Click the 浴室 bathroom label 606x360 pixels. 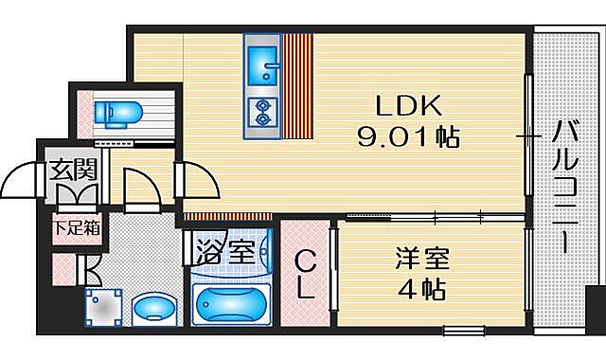(x=226, y=255)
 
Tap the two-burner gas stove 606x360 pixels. (x=261, y=113)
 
